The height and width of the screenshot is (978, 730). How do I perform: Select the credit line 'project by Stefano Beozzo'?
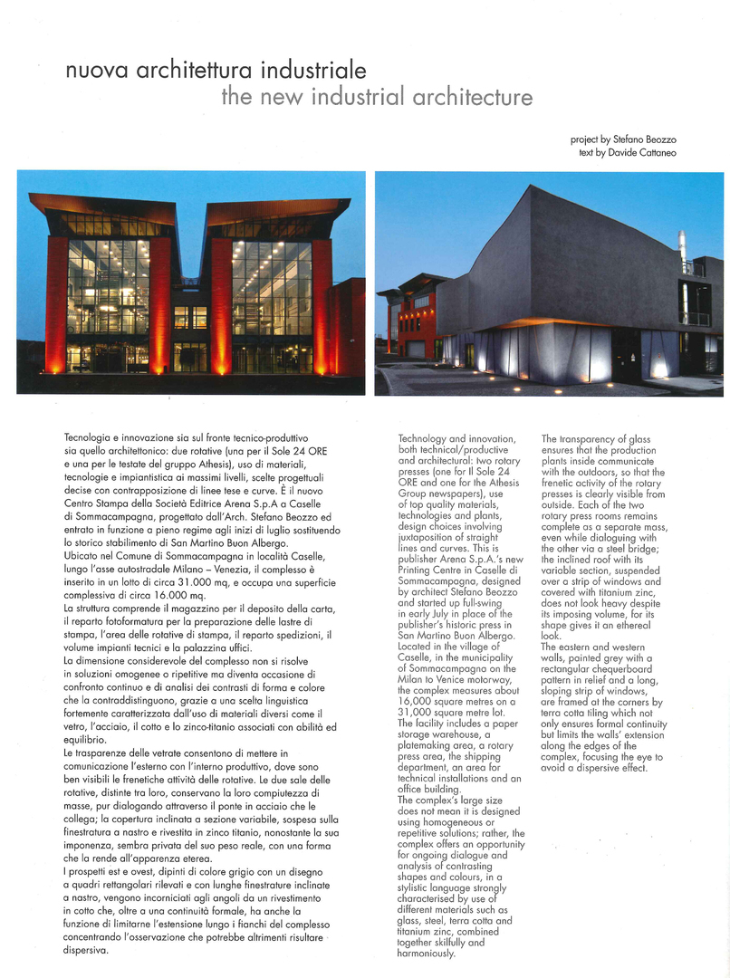point(623,139)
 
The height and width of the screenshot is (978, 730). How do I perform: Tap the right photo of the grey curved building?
point(549,283)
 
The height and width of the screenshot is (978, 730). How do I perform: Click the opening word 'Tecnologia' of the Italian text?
point(93,437)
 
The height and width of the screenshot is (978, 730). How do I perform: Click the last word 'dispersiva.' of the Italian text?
point(87,951)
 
